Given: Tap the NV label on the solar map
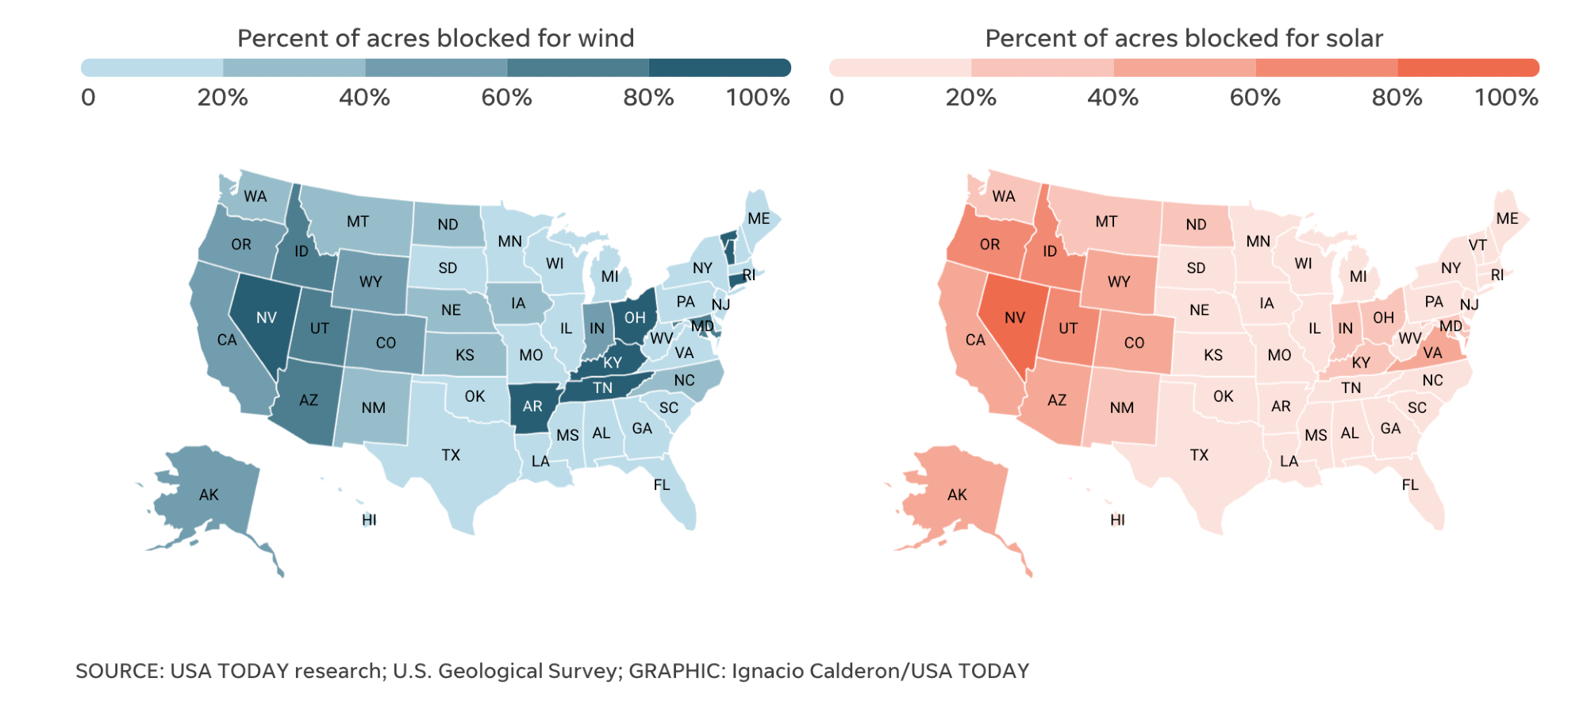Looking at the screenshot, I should click(1015, 318).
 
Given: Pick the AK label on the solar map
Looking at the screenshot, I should click(957, 495).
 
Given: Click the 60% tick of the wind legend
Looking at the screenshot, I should click(506, 98).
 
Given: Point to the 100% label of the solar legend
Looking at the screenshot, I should click(1506, 98).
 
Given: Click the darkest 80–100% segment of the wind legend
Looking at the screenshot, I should click(719, 67).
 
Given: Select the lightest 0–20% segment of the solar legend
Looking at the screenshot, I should click(900, 67).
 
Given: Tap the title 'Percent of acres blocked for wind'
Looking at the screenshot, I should click(436, 38).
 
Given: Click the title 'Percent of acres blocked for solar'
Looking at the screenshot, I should click(1184, 38).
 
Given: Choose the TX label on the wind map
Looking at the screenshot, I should click(451, 455).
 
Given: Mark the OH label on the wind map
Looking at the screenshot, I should click(635, 318).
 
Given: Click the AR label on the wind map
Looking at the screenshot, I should click(532, 407).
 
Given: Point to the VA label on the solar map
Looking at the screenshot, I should click(1432, 353).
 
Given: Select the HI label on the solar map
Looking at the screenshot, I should click(1117, 520).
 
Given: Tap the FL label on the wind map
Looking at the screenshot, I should click(662, 484).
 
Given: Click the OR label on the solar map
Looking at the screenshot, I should click(989, 245).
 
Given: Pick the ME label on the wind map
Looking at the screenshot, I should click(759, 218).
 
